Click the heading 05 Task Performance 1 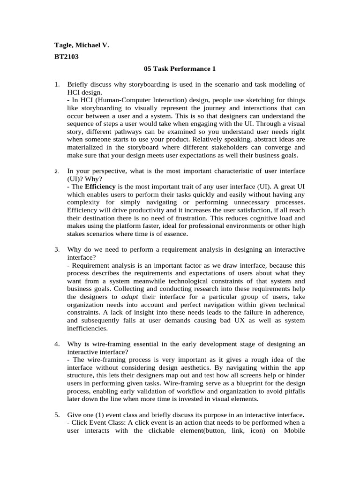180,69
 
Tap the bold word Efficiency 99,186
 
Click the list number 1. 57,84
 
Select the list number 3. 57,248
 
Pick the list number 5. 57,415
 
